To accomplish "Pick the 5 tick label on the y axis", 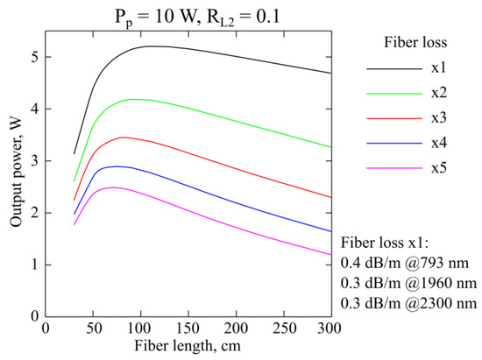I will pyautogui.click(x=32, y=57).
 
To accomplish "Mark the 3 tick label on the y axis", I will pyautogui.click(x=32, y=160).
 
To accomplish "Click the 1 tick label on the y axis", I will pyautogui.click(x=32, y=264).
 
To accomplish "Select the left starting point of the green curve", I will pyautogui.click(x=74, y=181).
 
